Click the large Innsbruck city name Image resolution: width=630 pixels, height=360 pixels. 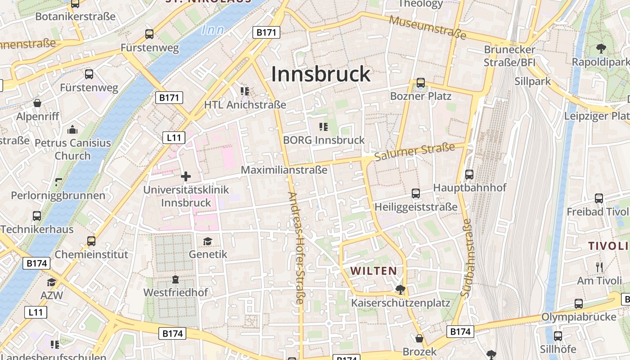[x=320, y=74]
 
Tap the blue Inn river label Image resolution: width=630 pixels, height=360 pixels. [x=213, y=30]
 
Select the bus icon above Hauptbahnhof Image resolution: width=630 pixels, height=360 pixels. [x=469, y=174]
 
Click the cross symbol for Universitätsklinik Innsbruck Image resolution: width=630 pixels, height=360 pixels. [x=185, y=176]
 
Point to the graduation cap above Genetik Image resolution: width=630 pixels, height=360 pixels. [x=207, y=242]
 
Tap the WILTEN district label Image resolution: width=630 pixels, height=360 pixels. [x=374, y=271]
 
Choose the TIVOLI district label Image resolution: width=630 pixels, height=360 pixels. [x=607, y=246]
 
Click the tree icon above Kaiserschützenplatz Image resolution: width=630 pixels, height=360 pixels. [x=400, y=289]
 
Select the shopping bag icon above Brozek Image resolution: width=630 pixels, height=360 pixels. [x=419, y=338]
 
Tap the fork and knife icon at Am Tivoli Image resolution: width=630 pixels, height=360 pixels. [x=599, y=267]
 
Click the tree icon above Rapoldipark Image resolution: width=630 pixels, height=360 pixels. [x=600, y=49]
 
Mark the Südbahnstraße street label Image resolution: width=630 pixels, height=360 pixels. [x=466, y=257]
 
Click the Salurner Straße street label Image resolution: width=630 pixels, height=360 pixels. [x=414, y=152]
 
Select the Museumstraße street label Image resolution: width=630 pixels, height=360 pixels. [x=427, y=27]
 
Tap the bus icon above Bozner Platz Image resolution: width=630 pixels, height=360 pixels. [x=421, y=82]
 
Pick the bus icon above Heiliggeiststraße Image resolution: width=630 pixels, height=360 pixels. [x=416, y=193]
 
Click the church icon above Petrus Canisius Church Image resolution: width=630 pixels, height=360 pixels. [x=72, y=130]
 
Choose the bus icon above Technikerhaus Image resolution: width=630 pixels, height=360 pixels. [x=37, y=216]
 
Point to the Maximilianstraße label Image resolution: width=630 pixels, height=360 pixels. [x=284, y=170]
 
